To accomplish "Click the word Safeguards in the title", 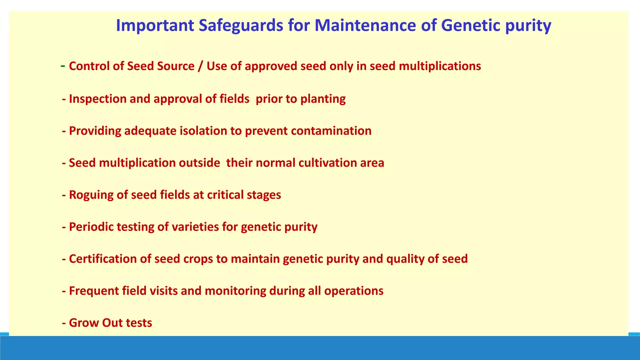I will (x=241, y=26).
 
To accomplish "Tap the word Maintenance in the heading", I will (x=365, y=26).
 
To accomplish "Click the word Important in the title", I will (x=155, y=26).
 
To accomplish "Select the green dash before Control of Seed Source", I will (x=63, y=66).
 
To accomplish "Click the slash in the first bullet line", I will (x=200, y=66).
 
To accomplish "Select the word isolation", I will (x=203, y=131).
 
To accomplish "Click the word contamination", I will (x=331, y=131).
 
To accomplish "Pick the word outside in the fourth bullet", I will (x=199, y=163).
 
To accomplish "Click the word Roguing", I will (x=91, y=195).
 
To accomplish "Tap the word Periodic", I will (x=91, y=227).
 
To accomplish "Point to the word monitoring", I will (x=235, y=291).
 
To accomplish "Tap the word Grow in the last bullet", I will (x=83, y=323).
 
